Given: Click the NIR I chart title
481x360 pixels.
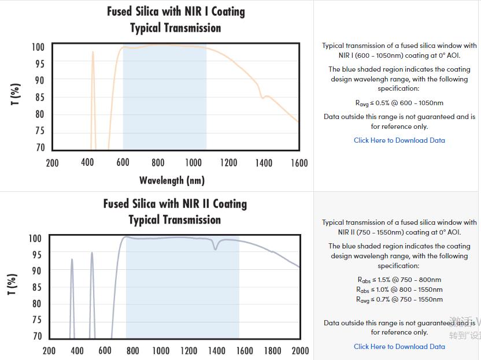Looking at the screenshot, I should point(176,20).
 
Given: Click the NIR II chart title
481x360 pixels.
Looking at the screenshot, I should point(175,211).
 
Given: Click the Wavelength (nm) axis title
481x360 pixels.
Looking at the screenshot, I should point(172,180).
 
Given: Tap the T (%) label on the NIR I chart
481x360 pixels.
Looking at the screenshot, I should point(16,94).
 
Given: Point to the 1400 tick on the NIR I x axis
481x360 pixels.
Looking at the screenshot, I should point(264,163).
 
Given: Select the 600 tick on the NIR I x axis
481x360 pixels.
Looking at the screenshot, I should point(123,163).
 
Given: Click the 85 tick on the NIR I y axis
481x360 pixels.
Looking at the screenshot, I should point(39,97).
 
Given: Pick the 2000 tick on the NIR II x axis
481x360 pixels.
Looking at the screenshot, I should point(300,351).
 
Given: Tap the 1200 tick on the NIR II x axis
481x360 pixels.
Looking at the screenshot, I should point(188,351).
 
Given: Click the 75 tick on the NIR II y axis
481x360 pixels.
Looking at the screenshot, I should point(36,320).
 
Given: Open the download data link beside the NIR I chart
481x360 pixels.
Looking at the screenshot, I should point(399,140).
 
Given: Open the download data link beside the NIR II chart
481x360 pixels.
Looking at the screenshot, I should point(399,347).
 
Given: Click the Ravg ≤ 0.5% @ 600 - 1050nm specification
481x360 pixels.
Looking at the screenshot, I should point(399,103).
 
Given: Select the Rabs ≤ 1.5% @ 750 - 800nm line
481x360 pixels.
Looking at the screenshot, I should point(399,280).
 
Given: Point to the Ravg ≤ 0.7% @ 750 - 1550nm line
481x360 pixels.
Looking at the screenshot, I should point(399,299).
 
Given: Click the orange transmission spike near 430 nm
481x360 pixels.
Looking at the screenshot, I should point(92,53).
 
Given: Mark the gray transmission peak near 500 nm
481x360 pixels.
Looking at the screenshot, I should point(91,253).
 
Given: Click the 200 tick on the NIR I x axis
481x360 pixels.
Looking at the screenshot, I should point(52,163).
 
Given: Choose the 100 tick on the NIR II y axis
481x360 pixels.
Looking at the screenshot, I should point(35,238).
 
